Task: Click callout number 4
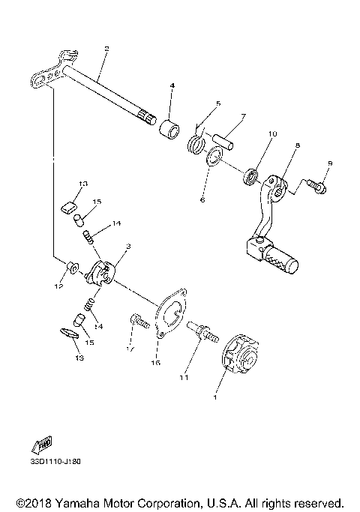(x=172, y=87)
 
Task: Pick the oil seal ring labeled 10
(x=250, y=178)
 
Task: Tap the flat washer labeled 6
(x=213, y=157)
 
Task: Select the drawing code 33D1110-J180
(x=55, y=461)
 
